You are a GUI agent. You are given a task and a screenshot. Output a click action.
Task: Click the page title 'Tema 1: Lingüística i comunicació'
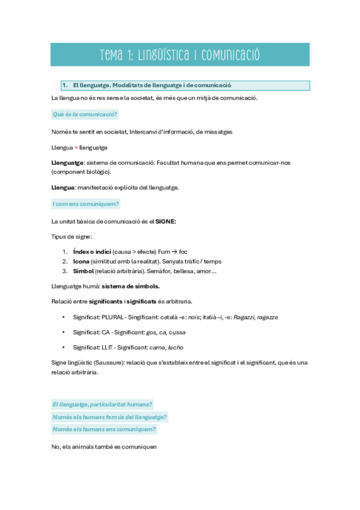point(180,55)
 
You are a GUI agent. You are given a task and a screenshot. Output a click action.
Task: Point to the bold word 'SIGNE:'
point(166,221)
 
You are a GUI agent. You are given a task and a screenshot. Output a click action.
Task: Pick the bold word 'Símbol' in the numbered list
point(83,271)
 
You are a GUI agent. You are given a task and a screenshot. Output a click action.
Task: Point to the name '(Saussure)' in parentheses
point(108,363)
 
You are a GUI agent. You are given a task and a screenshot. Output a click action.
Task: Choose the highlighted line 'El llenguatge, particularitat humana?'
point(102,405)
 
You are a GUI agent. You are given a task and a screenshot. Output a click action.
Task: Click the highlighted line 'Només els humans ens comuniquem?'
point(104,429)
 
